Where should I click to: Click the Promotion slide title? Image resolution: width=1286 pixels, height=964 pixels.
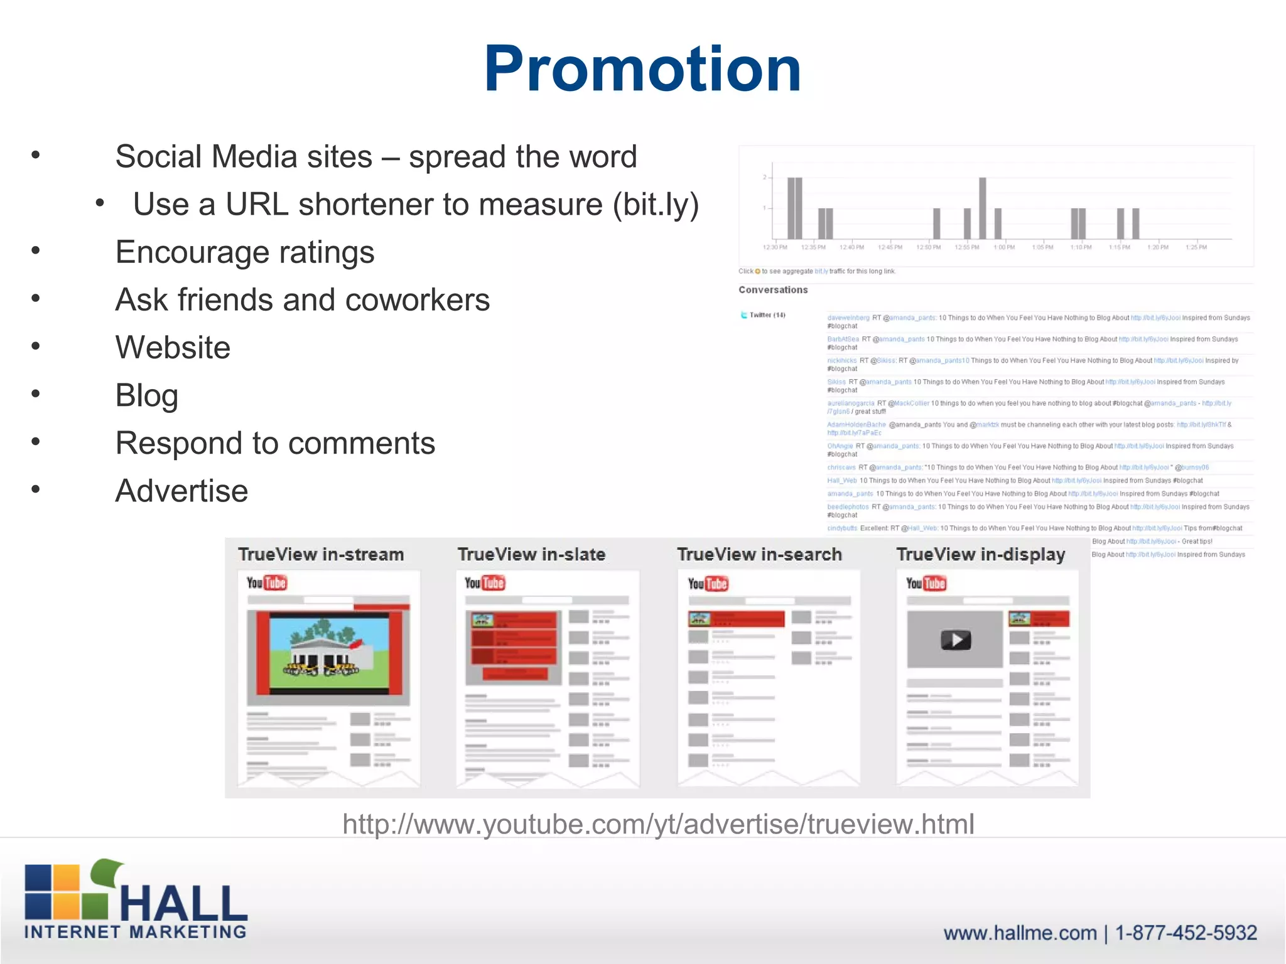(642, 69)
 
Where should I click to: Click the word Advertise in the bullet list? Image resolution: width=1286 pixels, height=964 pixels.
(181, 491)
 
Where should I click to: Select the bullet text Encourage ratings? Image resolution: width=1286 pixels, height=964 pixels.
(245, 252)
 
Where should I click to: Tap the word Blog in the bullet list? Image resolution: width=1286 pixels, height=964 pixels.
(146, 395)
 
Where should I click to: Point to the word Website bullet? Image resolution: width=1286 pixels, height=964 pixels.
(173, 348)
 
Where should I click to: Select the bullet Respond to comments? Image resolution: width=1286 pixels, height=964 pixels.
(275, 443)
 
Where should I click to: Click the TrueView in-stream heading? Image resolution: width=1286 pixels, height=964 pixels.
(321, 555)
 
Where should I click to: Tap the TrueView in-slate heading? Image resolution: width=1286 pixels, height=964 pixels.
(531, 555)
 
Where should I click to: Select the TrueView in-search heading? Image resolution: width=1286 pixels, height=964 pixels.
(759, 555)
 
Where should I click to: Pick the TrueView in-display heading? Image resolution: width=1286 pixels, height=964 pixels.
(981, 555)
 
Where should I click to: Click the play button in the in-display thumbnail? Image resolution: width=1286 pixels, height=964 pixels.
(956, 640)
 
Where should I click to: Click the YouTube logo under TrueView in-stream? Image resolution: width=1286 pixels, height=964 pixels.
(266, 583)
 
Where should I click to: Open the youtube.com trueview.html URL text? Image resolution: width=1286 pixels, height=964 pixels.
(658, 824)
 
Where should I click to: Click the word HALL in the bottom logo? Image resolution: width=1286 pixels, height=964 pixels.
(183, 904)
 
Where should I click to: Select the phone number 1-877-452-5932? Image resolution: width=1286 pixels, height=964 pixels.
(1186, 933)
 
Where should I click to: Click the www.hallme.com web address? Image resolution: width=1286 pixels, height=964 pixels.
(1020, 933)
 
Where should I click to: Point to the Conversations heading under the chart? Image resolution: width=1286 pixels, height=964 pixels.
(773, 290)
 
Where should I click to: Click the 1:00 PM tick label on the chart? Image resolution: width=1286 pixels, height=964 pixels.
(1004, 247)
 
